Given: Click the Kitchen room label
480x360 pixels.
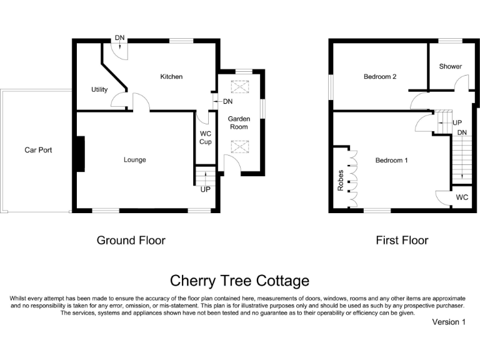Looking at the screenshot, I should click(171, 77).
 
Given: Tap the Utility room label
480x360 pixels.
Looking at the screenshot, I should click(99, 90).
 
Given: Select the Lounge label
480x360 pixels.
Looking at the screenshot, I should click(134, 160).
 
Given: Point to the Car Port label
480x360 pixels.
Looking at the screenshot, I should click(38, 150).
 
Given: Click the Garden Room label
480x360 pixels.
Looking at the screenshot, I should click(239, 122).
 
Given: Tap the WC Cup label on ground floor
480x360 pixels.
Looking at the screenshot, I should click(206, 137).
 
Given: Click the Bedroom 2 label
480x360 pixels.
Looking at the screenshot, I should click(381, 77).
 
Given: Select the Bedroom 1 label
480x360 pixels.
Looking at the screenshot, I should click(391, 161).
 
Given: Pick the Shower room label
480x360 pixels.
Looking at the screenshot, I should click(450, 66).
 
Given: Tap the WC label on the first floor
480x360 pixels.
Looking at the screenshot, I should click(462, 197).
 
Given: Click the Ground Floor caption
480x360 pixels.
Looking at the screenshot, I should click(131, 240).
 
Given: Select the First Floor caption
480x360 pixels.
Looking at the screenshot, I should click(402, 240).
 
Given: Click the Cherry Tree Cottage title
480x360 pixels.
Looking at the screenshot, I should click(239, 281).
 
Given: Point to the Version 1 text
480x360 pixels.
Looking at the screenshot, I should click(449, 322).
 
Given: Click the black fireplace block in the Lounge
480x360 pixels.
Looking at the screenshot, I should click(79, 154).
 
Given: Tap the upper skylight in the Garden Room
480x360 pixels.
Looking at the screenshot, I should click(239, 86).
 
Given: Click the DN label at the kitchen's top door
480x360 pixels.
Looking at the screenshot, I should click(119, 39).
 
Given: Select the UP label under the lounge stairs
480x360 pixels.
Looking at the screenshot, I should click(205, 189).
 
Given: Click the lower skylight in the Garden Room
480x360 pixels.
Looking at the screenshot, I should click(239, 147).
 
